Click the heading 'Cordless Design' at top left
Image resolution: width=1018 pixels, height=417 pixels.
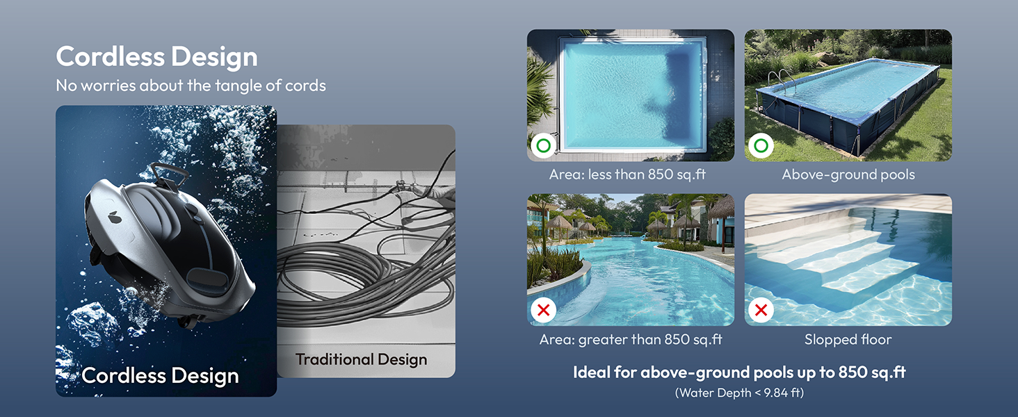[x=156, y=57]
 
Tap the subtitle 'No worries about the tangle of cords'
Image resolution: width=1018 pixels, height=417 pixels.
[x=191, y=85]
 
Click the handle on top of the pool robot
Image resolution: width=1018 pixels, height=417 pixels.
[x=169, y=173]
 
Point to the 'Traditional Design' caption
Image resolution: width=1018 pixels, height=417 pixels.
[x=362, y=359]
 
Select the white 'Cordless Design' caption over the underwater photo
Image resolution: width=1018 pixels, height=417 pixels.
[x=160, y=376]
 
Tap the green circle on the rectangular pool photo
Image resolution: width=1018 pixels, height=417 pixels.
[x=544, y=145]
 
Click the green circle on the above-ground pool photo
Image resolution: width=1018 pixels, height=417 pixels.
[x=761, y=145]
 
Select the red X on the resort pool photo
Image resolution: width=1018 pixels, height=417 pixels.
[x=544, y=310]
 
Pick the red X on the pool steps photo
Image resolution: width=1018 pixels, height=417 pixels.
[x=761, y=310]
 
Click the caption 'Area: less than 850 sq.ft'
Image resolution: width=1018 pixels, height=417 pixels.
[x=628, y=174]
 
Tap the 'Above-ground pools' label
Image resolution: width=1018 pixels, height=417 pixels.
[x=848, y=174]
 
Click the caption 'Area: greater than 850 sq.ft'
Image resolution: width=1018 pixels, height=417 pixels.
[x=631, y=339]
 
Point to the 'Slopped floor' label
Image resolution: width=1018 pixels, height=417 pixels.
[x=848, y=339]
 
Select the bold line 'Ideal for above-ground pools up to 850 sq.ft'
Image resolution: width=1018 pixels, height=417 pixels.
[x=739, y=373]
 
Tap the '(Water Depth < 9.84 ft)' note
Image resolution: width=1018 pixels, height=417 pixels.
[x=739, y=393]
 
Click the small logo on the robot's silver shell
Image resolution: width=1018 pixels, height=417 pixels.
[x=113, y=216]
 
